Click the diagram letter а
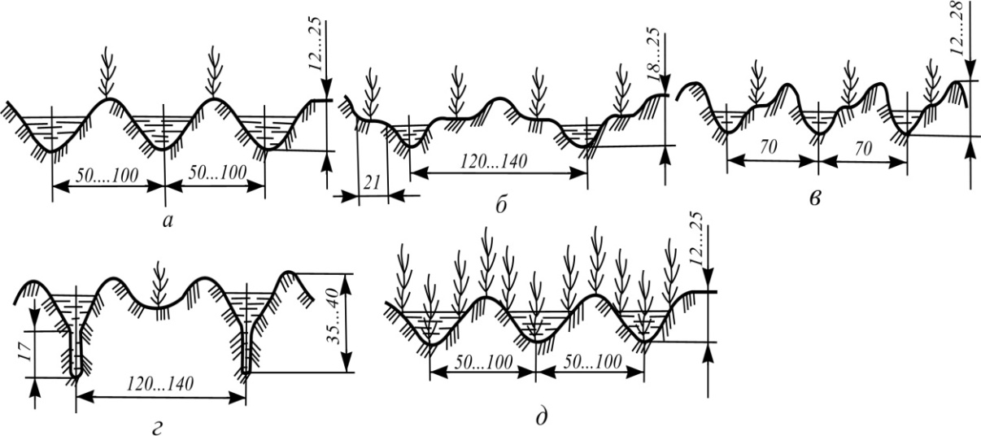[168, 221]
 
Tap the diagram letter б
[501, 204]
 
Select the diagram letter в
[814, 199]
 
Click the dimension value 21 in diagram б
[372, 182]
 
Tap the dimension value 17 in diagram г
[24, 352]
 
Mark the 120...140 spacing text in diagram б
[494, 162]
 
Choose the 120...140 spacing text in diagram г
[160, 384]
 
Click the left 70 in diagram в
[769, 147]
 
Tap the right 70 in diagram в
[863, 150]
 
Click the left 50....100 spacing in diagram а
[107, 176]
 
